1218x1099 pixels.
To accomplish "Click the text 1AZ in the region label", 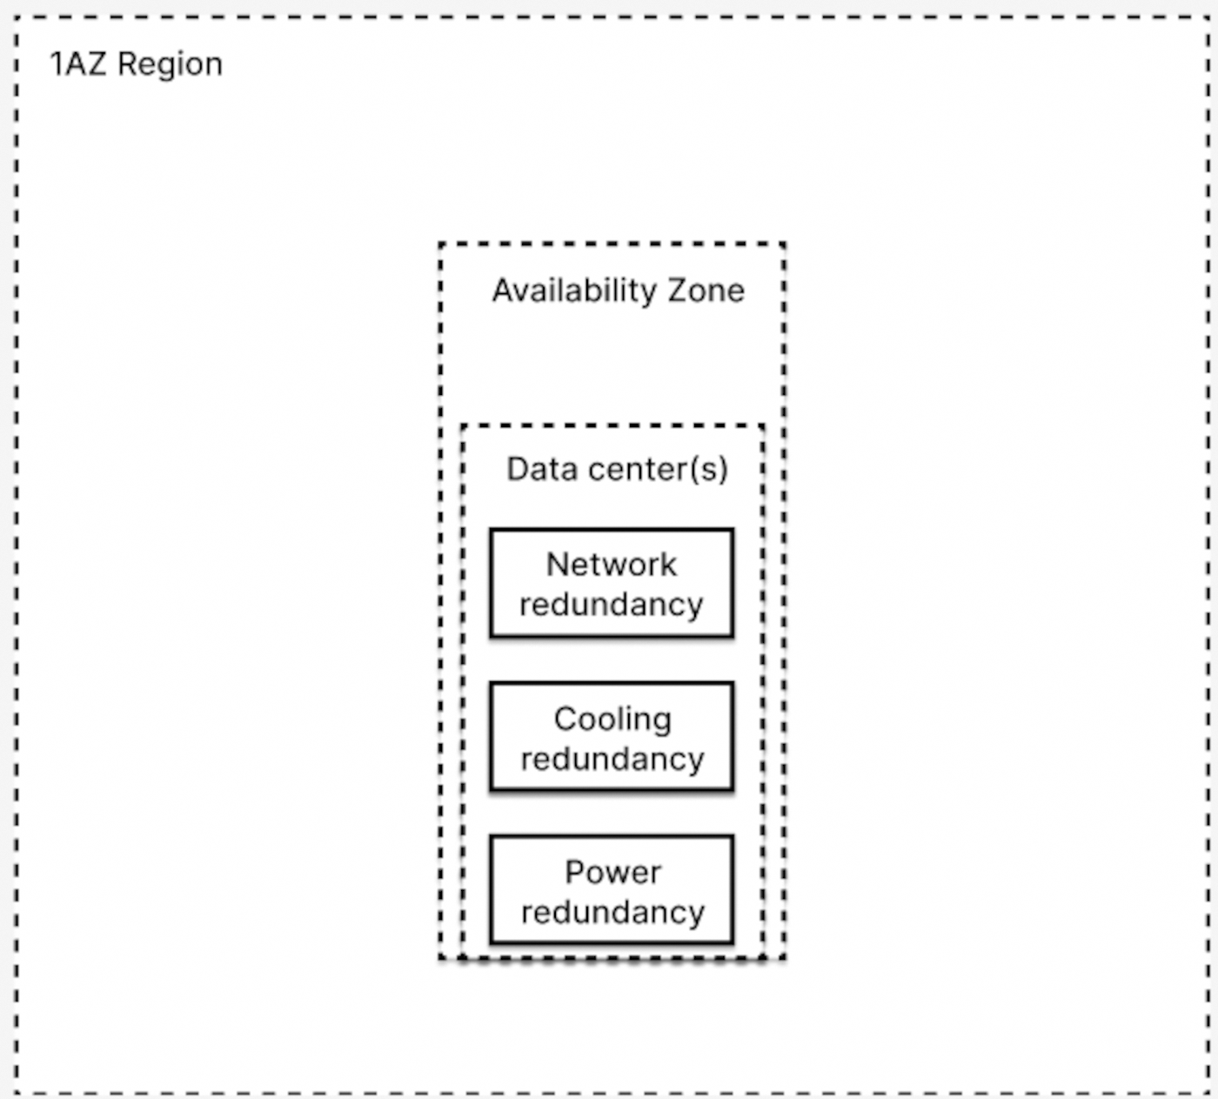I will pos(77,64).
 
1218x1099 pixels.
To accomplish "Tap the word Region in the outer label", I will pos(170,65).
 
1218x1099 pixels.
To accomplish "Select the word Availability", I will pos(574,291).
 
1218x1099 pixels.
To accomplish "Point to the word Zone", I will pos(706,291).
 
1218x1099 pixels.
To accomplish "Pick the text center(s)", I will pos(658,469).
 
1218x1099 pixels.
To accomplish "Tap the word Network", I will pos(611,565).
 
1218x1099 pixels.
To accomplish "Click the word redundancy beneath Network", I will pos(611,605).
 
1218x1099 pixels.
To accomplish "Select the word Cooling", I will pos(612,719).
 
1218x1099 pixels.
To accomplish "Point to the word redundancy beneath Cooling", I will pos(612,760).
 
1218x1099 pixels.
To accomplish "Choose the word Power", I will pos(612,872).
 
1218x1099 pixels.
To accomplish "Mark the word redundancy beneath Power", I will pos(612,913).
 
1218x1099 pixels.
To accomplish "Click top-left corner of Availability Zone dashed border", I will pos(441,245).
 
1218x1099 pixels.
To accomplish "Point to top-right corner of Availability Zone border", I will pos(784,245).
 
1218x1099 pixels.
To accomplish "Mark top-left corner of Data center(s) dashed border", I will pos(463,426).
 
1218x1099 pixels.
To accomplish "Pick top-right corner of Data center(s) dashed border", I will pos(763,426).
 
